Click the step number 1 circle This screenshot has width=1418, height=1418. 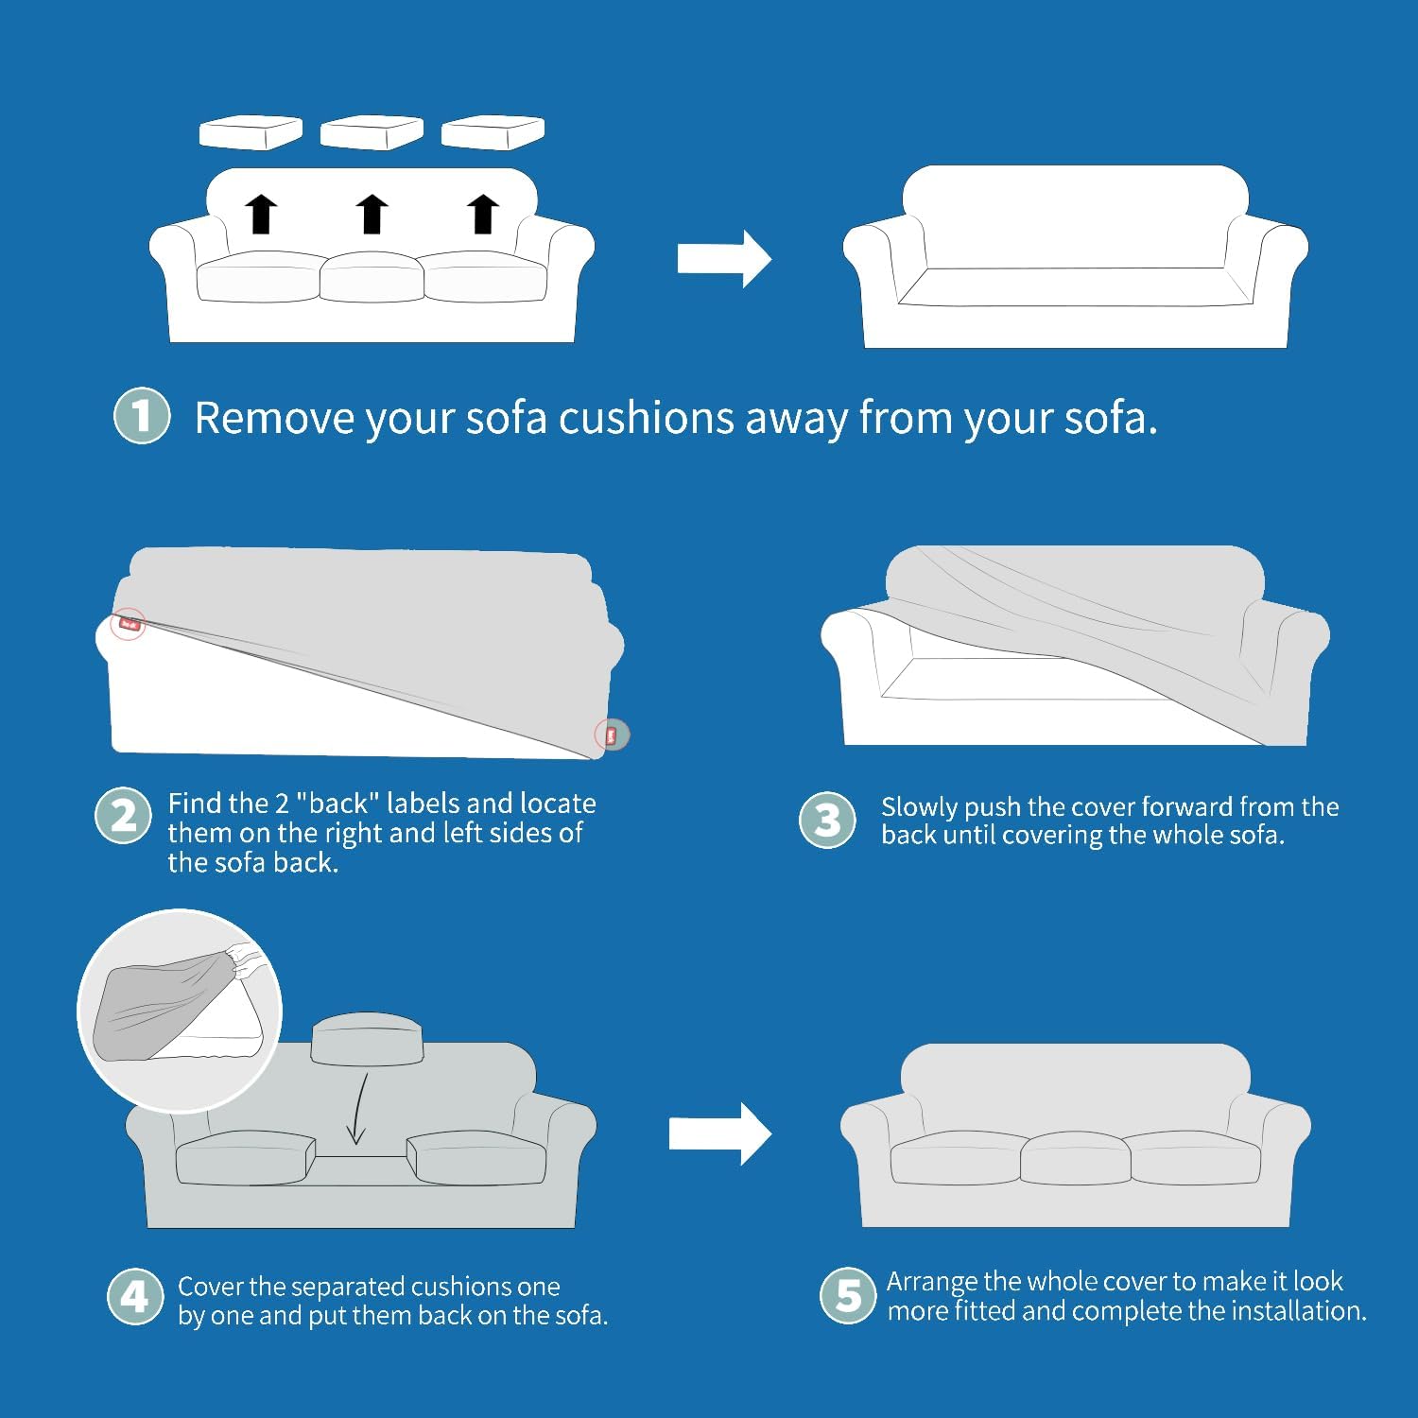[x=142, y=416]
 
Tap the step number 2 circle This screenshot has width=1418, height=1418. [x=123, y=816]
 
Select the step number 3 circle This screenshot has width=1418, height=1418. [x=827, y=820]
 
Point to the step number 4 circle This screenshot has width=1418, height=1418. [x=135, y=1296]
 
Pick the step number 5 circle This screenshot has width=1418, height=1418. [x=848, y=1295]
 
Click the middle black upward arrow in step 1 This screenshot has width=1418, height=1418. [x=372, y=214]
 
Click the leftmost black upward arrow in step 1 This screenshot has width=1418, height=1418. [x=262, y=214]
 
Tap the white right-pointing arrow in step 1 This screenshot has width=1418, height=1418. [x=723, y=258]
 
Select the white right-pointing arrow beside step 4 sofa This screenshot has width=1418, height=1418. [x=718, y=1133]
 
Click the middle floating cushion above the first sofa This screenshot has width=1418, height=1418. [x=371, y=132]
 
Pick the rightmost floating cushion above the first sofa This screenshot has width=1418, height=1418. [x=493, y=132]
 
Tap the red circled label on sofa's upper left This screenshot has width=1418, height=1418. [x=130, y=624]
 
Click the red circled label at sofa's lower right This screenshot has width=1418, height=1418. [x=611, y=735]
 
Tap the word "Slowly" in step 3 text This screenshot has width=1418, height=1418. [x=915, y=807]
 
